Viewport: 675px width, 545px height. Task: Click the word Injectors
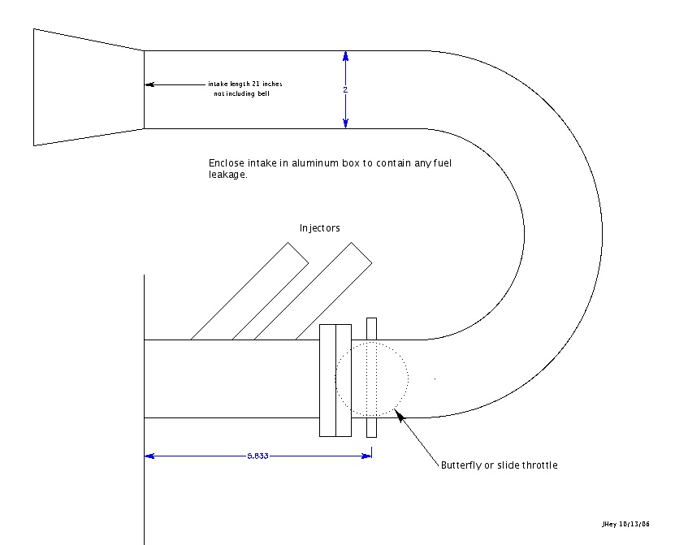click(x=319, y=228)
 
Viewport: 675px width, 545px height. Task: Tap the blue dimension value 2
click(x=345, y=90)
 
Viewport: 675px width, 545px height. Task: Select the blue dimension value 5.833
click(x=257, y=456)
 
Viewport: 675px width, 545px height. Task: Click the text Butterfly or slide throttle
click(x=500, y=465)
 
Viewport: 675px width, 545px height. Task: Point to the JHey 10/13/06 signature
click(x=625, y=524)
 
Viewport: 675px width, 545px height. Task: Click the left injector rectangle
click(x=249, y=291)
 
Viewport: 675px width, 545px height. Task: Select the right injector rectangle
click(x=313, y=291)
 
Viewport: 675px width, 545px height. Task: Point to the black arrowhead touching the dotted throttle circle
click(x=400, y=415)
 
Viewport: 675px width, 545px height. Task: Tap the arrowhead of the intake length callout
click(x=149, y=84)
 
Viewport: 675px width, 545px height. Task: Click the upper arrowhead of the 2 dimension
click(x=345, y=56)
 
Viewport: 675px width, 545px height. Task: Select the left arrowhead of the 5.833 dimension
click(x=149, y=456)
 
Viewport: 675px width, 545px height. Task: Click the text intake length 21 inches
click(x=245, y=84)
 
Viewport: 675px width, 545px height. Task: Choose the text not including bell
click(x=241, y=93)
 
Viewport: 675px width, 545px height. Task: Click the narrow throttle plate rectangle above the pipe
click(x=371, y=329)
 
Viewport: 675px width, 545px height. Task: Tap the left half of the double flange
click(x=327, y=381)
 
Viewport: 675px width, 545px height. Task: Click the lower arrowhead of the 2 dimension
click(x=345, y=123)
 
